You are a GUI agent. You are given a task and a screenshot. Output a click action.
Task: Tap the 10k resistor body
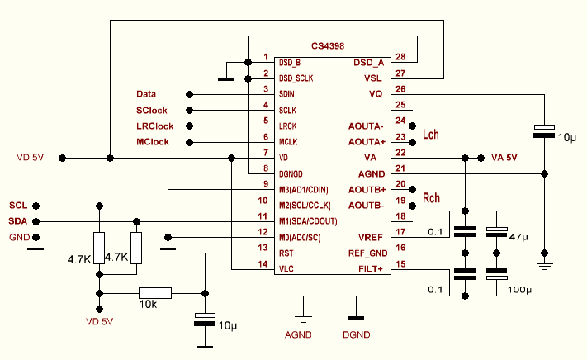(x=155, y=292)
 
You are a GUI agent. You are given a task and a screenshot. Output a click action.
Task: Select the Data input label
(x=146, y=95)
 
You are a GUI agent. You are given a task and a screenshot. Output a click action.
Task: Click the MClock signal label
(x=152, y=142)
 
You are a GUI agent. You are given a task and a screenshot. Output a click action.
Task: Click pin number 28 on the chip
(x=401, y=58)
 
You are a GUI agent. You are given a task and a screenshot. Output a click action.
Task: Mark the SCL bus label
(x=18, y=205)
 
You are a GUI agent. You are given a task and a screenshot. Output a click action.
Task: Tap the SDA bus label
(x=18, y=220)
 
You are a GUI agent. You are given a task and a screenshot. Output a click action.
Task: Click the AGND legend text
(x=297, y=334)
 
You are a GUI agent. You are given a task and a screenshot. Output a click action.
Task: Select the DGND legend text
(x=356, y=334)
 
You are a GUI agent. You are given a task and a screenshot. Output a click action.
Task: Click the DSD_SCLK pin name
(x=299, y=78)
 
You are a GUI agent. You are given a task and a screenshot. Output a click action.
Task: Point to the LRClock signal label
(x=154, y=126)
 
